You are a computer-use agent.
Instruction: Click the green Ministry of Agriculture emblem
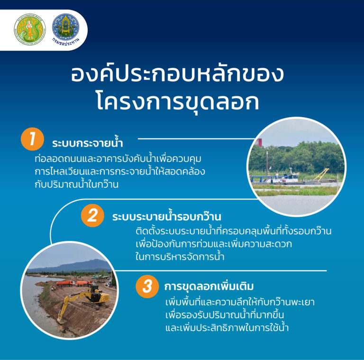click(x=30, y=29)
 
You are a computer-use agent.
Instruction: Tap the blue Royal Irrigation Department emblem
click(x=66, y=27)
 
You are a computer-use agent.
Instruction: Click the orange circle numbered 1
click(x=32, y=139)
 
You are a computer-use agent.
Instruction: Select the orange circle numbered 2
click(x=92, y=215)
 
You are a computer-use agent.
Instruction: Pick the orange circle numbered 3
click(x=147, y=286)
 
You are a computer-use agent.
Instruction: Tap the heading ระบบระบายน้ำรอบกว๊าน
click(x=167, y=216)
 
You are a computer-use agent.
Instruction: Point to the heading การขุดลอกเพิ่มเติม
click(x=209, y=287)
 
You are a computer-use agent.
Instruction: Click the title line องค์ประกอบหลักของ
click(x=178, y=74)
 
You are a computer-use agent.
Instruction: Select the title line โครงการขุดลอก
click(x=178, y=102)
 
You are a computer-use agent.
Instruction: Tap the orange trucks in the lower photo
click(x=74, y=283)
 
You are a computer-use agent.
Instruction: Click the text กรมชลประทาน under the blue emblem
click(x=66, y=42)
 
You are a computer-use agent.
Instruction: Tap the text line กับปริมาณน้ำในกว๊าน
click(x=77, y=184)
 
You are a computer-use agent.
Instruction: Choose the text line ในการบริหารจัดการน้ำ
click(x=180, y=257)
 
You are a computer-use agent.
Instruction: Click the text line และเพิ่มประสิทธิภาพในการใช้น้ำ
click(x=227, y=327)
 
